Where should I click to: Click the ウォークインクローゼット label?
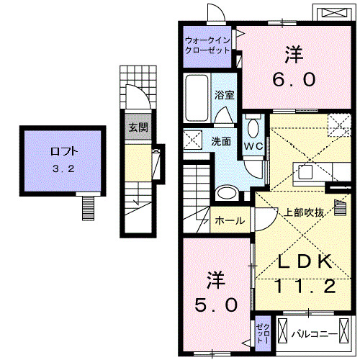(207, 45)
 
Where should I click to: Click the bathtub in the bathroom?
(197, 100)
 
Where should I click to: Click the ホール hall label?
(230, 221)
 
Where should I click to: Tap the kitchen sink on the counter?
(305, 171)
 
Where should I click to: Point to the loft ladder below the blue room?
(88, 208)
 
